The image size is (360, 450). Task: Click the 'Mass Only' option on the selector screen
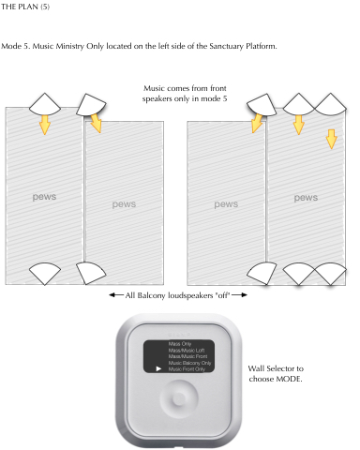180,344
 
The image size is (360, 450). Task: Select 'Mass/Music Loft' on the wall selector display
187,351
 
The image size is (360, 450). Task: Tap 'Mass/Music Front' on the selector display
187,356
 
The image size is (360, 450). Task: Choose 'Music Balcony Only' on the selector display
189,363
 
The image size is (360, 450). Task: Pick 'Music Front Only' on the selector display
187,369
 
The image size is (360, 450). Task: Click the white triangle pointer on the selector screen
158,369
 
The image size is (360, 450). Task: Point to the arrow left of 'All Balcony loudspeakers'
116,294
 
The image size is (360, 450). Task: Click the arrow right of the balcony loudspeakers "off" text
240,294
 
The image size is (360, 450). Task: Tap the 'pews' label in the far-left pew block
44,197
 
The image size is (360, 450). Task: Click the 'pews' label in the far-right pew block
306,198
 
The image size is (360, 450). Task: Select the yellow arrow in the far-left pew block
45,125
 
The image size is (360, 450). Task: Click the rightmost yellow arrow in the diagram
332,139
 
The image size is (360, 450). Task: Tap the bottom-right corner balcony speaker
330,274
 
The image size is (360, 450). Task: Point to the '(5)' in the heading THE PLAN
45,7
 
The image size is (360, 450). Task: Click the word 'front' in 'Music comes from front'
218,88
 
